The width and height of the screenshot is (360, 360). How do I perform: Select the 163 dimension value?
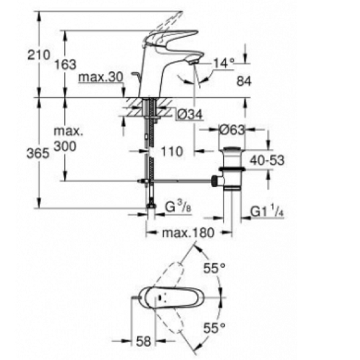(65, 65)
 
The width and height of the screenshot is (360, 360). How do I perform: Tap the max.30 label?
(101, 78)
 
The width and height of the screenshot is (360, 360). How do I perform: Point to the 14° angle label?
(224, 63)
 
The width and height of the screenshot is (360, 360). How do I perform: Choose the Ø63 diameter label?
(231, 131)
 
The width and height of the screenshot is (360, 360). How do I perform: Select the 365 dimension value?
(39, 153)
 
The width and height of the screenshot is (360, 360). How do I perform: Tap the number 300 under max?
(64, 147)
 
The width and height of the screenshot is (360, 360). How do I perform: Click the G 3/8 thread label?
(177, 208)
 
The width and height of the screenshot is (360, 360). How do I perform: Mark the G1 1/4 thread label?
(266, 211)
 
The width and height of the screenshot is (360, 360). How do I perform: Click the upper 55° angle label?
(214, 268)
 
